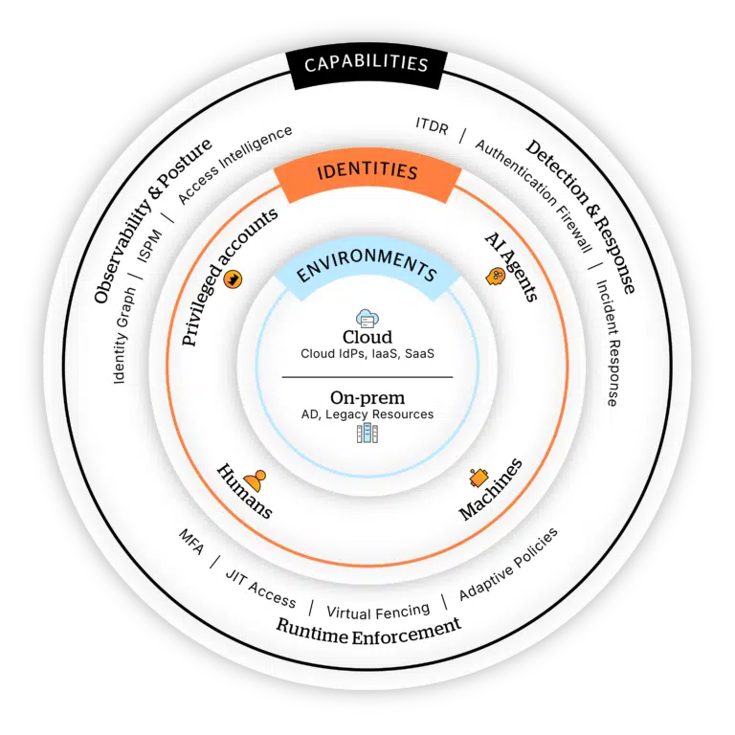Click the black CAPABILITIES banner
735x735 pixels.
click(367, 65)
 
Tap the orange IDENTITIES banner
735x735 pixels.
click(367, 172)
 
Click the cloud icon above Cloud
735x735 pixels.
click(367, 318)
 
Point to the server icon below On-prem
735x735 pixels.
click(367, 434)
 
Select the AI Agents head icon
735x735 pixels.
click(496, 277)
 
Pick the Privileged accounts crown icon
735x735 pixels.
click(233, 278)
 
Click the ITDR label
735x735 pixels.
click(432, 125)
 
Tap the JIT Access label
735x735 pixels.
click(260, 585)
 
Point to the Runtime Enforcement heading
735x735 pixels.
click(368, 629)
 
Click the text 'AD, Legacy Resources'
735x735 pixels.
click(367, 414)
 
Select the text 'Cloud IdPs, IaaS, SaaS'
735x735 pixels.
click(367, 355)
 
